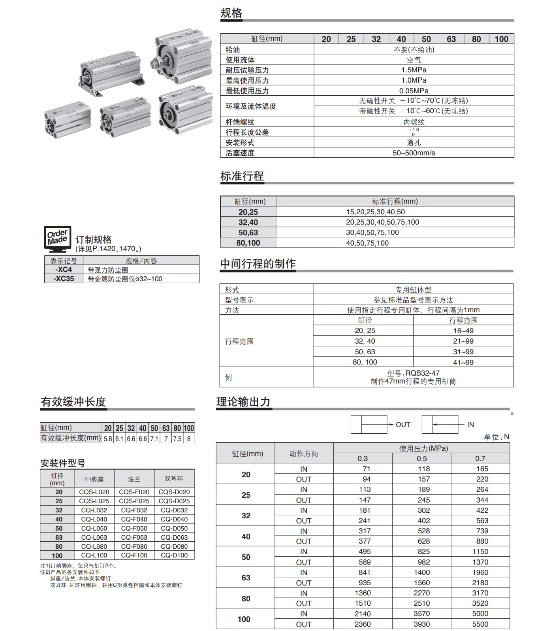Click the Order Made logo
[57, 239]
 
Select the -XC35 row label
[64, 279]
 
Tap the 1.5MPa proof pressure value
[414, 70]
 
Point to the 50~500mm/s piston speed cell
[414, 153]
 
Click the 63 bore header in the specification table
[451, 39]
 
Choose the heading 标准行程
[242, 176]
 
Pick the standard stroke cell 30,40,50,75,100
[372, 232]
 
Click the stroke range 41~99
[463, 362]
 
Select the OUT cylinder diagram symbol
[369, 425]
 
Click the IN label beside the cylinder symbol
[470, 425]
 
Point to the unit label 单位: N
[496, 437]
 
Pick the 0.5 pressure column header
[421, 459]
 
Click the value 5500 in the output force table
[480, 624]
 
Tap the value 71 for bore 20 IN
[366, 469]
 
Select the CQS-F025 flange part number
[134, 501]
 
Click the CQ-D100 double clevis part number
[174, 555]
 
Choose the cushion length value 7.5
[177, 439]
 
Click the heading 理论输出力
[243, 402]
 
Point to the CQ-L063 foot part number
[94, 537]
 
